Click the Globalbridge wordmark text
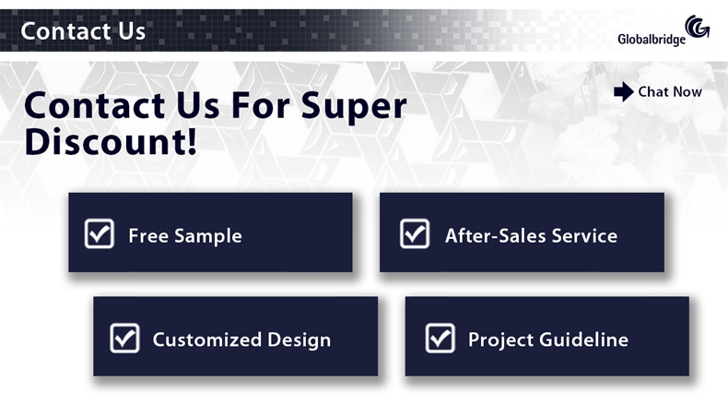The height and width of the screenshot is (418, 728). click(652, 40)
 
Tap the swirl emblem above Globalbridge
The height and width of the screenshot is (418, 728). click(698, 26)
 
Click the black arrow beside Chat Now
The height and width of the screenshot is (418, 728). click(624, 91)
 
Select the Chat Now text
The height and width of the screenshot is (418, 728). click(670, 91)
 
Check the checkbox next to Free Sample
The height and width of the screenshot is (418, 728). click(100, 233)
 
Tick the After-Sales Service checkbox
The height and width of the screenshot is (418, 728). click(415, 233)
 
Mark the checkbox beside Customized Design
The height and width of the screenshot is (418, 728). click(125, 338)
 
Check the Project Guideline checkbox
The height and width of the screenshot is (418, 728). click(440, 338)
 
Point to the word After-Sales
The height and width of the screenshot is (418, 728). click(496, 235)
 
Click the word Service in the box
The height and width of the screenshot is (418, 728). click(584, 235)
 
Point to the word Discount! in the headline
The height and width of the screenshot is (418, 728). click(111, 142)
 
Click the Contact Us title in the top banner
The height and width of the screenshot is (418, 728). click(83, 31)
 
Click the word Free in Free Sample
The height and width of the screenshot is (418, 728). click(148, 235)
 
